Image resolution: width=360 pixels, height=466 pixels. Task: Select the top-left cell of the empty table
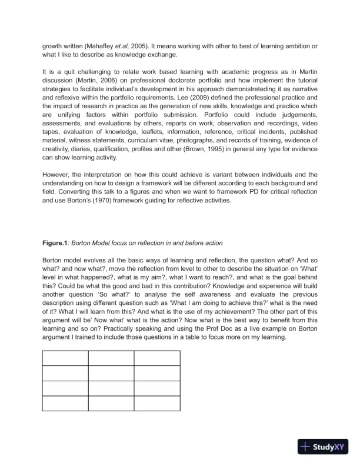click(x=65, y=357)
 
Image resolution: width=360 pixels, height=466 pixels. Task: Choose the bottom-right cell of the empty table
click(x=156, y=403)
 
